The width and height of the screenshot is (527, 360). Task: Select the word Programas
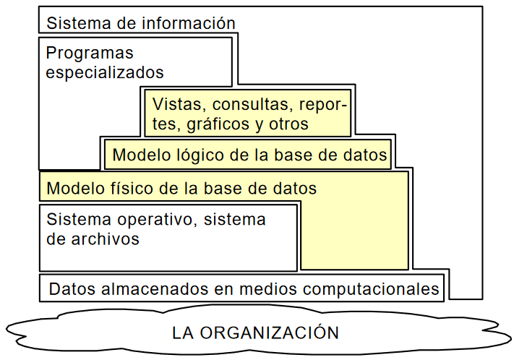coord(90,53)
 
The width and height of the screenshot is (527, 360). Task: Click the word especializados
coord(105,73)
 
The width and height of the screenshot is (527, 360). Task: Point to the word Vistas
coord(175,104)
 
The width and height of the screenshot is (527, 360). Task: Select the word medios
coord(276,290)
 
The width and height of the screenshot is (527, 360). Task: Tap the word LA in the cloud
coord(183,333)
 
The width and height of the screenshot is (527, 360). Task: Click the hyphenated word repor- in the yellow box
coord(323,104)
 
